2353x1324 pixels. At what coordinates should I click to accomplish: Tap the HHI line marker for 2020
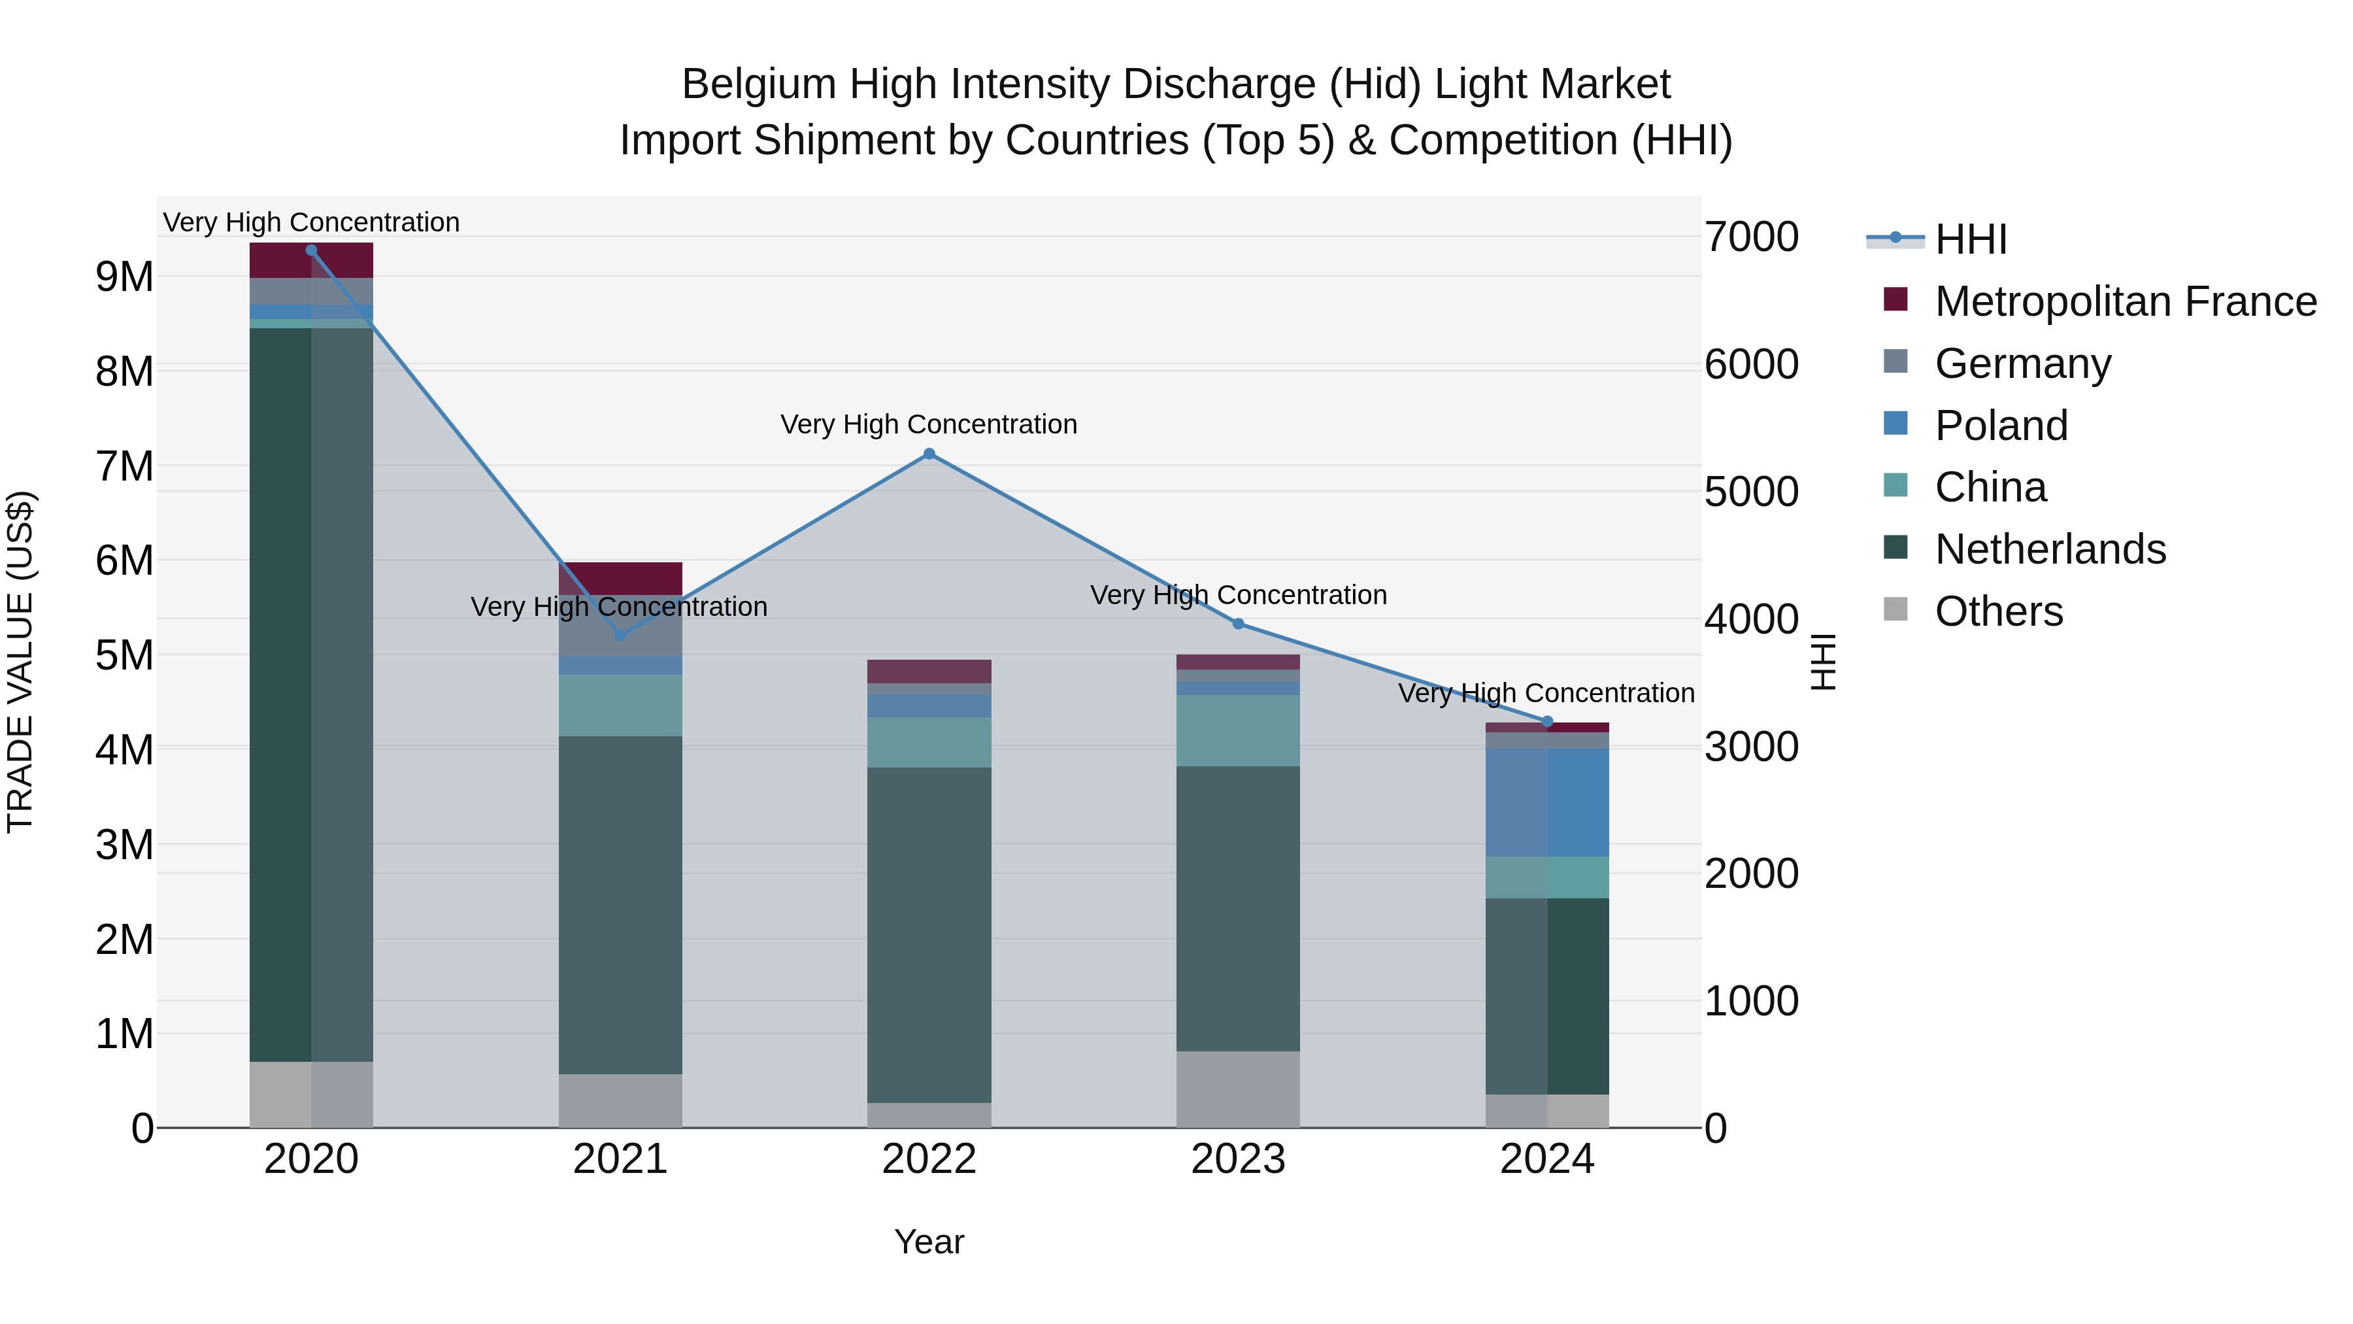point(312,250)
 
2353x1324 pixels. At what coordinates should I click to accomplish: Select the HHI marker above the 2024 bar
point(1547,722)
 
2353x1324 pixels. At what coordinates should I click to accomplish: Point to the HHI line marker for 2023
point(1239,624)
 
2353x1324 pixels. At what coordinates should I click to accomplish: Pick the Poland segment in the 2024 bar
point(1547,802)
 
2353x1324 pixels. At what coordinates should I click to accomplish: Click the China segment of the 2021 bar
point(620,705)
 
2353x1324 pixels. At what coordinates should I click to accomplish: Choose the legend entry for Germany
point(2022,364)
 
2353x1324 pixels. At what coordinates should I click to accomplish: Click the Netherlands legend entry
point(2050,549)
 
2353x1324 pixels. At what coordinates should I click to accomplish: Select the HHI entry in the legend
point(1970,239)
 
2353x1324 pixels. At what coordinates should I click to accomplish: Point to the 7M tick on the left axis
point(125,466)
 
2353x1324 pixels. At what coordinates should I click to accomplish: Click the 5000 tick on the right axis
point(1751,492)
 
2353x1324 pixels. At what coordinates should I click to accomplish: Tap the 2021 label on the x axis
point(620,1159)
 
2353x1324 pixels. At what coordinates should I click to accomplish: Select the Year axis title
point(929,1242)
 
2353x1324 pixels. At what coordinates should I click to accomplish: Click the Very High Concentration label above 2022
point(929,425)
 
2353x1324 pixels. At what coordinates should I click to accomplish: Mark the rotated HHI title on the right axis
point(1822,662)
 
